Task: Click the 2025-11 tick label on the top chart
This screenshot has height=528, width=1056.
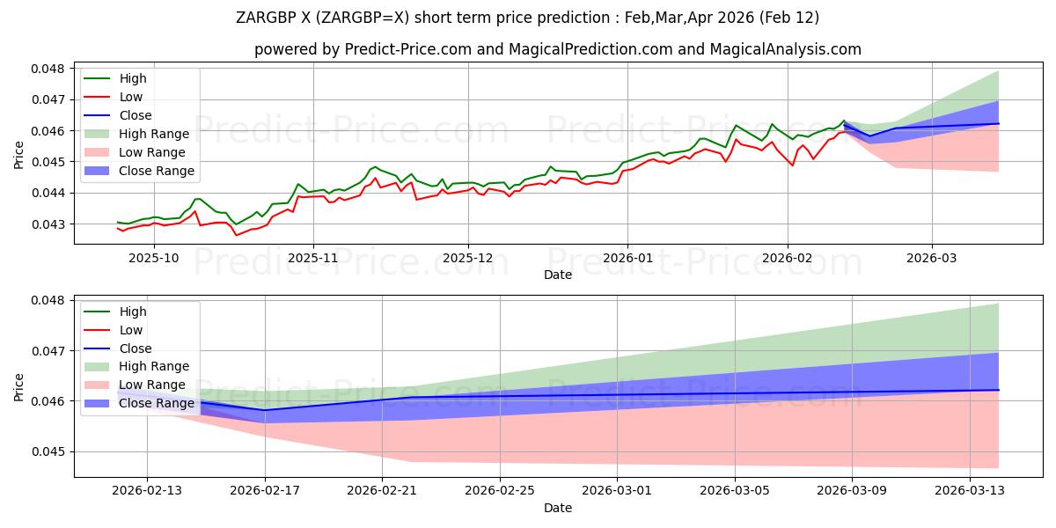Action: pos(313,258)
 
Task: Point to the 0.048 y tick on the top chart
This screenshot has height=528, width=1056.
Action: pos(50,69)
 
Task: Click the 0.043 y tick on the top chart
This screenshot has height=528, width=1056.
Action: pos(50,224)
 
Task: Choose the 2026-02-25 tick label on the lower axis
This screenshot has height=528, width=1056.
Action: pos(500,490)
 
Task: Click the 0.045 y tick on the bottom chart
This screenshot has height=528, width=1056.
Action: pos(50,452)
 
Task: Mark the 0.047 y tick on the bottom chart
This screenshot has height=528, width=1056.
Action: pos(50,351)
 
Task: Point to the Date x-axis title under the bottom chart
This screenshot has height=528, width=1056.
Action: pos(558,508)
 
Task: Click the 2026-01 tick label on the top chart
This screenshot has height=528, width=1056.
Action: pos(627,258)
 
